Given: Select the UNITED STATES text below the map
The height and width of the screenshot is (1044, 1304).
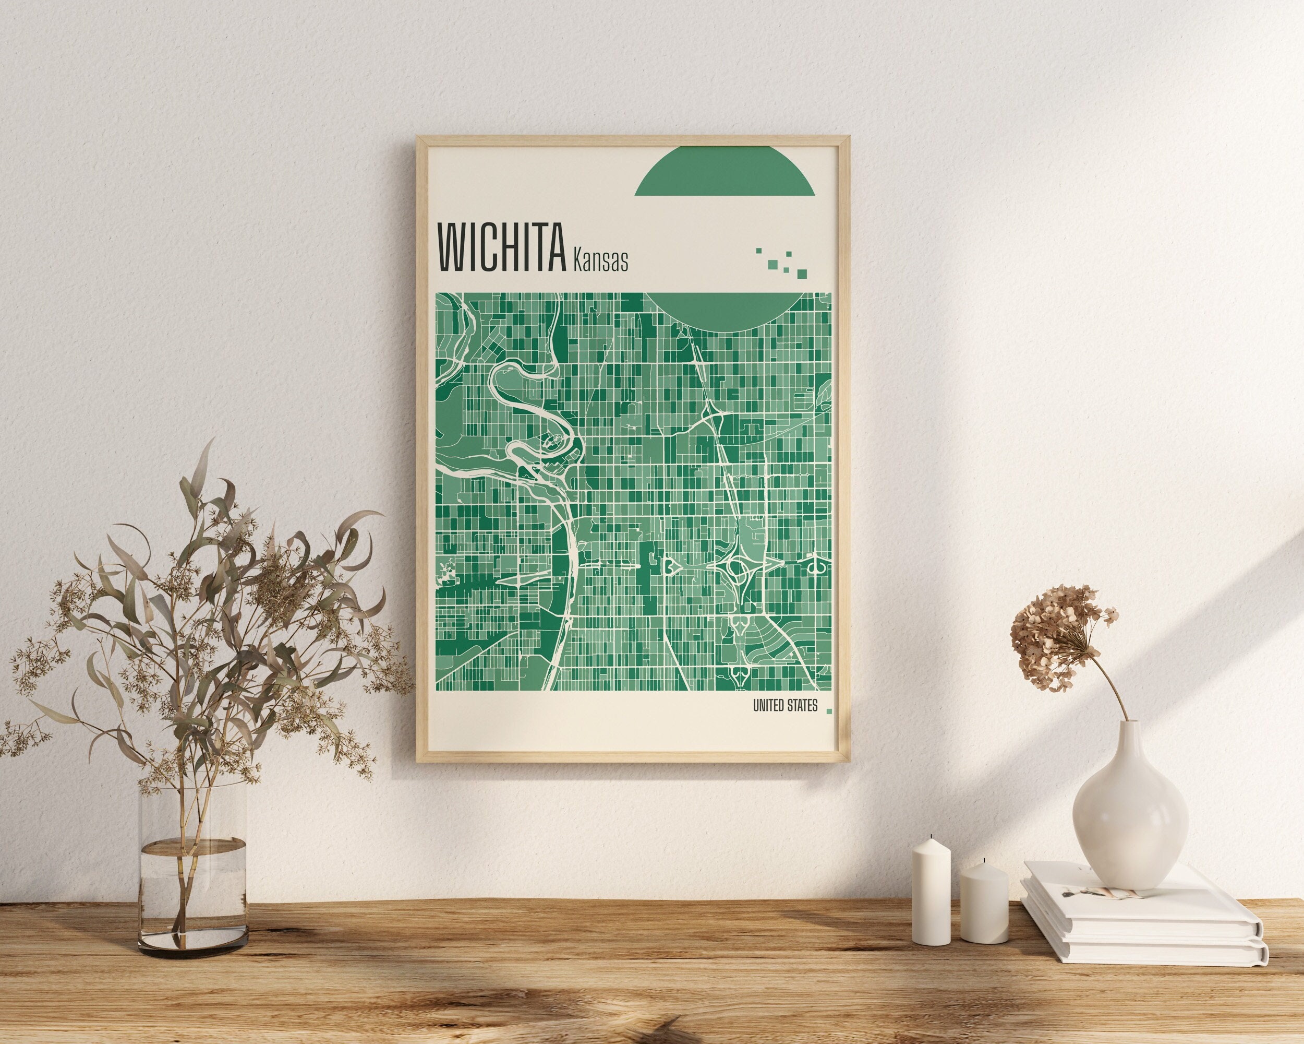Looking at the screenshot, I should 784,706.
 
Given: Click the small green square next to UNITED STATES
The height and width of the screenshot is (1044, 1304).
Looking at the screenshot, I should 829,711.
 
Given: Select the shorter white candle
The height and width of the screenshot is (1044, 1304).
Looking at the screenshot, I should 983,903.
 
